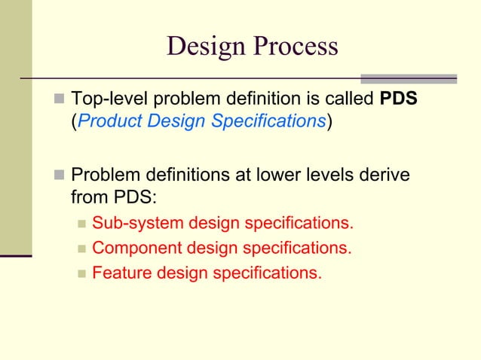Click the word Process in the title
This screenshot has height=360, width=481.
coord(296,47)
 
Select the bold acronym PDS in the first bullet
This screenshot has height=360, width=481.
coord(397,100)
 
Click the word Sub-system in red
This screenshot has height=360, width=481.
coord(128,224)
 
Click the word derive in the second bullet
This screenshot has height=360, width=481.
coord(386,175)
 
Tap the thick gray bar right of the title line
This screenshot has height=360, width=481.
coord(409,78)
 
